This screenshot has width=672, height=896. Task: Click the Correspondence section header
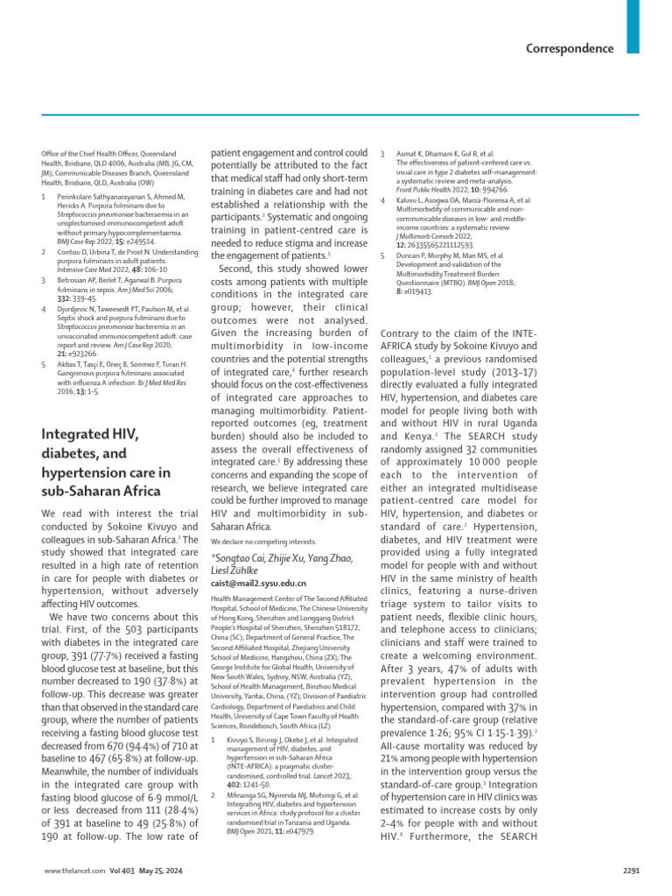pyautogui.click(x=570, y=49)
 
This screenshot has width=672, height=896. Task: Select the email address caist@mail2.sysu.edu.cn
pyautogui.click(x=259, y=581)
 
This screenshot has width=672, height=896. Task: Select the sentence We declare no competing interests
pyautogui.click(x=262, y=540)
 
